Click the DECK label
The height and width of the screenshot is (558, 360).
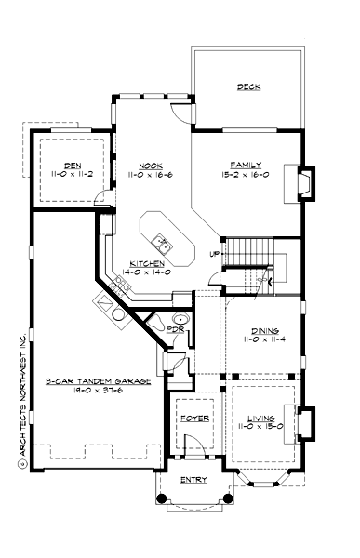248,88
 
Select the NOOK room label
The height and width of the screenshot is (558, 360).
152,162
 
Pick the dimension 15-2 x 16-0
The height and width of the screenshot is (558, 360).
238,173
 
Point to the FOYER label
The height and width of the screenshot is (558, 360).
194,418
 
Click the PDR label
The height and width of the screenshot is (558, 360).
174,329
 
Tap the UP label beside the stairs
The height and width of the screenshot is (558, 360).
214,253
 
